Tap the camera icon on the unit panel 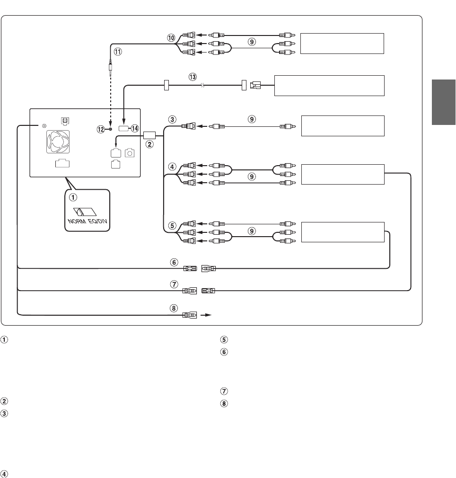pyautogui.click(x=130, y=153)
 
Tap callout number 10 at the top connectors pyautogui.click(x=170, y=36)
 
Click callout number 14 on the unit pyautogui.click(x=135, y=128)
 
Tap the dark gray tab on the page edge pyautogui.click(x=444, y=102)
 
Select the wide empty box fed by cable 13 pyautogui.click(x=329, y=85)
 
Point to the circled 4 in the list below pyautogui.click(x=5, y=473)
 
